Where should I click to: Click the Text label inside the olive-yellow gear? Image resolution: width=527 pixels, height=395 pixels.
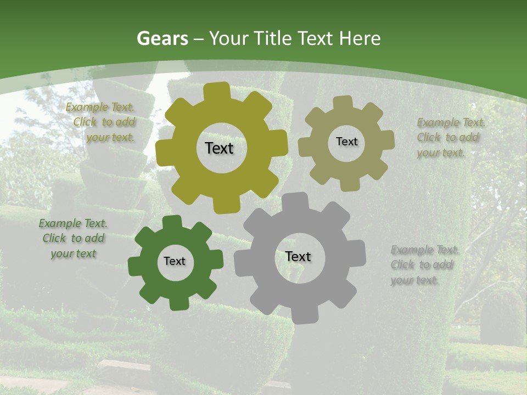(x=219, y=148)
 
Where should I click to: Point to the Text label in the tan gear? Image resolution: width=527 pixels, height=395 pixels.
(x=346, y=142)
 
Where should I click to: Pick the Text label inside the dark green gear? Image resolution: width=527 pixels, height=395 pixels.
(x=175, y=262)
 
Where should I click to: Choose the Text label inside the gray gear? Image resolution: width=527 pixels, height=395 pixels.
(x=298, y=257)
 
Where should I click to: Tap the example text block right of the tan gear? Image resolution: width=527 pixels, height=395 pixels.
(x=448, y=138)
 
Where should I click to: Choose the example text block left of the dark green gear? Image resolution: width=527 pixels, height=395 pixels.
(x=74, y=239)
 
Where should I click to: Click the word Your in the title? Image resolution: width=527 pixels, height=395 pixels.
(x=227, y=38)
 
